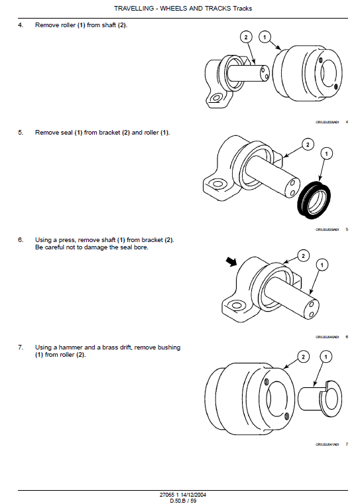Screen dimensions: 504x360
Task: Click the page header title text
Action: tap(182, 9)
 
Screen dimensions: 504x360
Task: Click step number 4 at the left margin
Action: tap(21, 25)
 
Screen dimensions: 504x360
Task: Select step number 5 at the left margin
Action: tap(21, 133)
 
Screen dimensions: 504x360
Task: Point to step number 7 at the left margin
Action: tap(21, 347)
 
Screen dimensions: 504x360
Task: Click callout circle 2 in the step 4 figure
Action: tap(246, 37)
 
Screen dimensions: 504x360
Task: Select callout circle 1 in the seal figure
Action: tap(326, 154)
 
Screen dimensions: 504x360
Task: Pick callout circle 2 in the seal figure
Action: tap(307, 143)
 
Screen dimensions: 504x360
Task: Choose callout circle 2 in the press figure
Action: tap(303, 255)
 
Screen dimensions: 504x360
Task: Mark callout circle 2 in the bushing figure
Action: tap(303, 357)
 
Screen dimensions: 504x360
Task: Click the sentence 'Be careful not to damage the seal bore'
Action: tap(91, 247)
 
